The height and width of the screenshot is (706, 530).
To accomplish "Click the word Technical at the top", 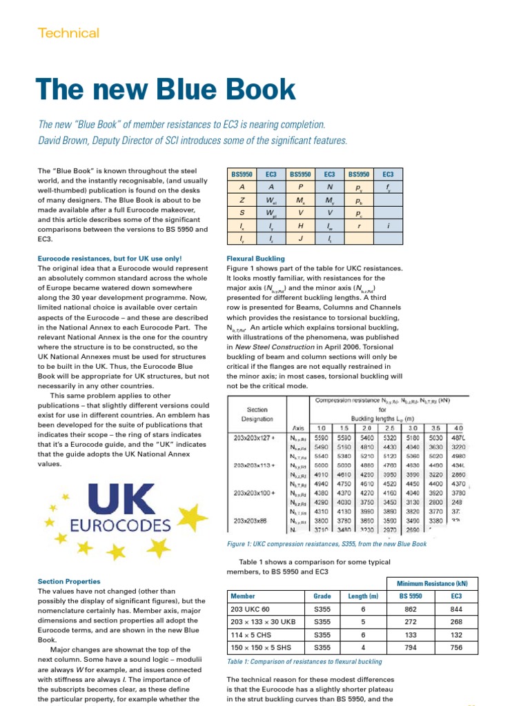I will (68, 33).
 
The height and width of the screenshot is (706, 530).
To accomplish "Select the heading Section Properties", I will (69, 582).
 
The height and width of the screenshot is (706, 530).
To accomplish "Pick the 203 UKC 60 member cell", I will (253, 610).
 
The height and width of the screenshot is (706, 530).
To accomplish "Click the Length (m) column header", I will (363, 596).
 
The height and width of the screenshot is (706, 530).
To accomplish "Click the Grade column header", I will (322, 596).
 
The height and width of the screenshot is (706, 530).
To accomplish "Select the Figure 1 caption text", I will (326, 544).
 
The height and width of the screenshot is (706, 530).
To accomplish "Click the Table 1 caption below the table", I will (304, 662).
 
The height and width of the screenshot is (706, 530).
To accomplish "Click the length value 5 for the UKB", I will (363, 623).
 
